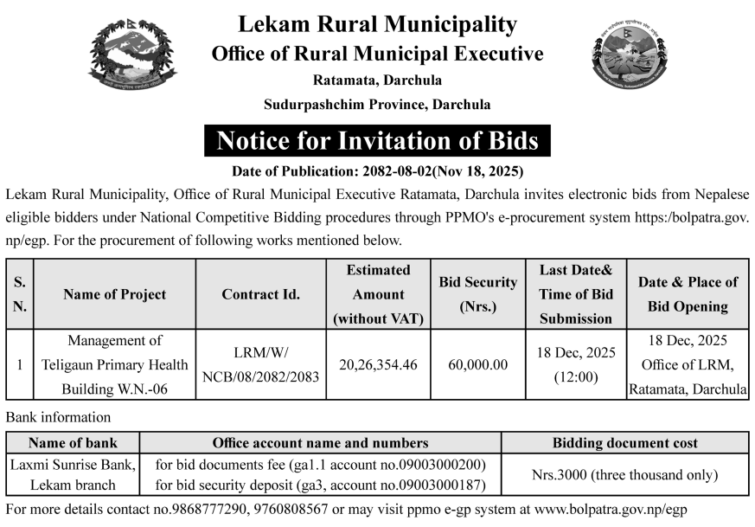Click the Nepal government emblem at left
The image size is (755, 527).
(x=132, y=57)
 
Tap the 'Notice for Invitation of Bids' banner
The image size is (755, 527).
(x=377, y=140)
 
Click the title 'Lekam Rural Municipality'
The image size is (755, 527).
(x=377, y=24)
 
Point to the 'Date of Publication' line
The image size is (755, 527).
(x=377, y=170)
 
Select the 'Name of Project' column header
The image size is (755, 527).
(x=114, y=294)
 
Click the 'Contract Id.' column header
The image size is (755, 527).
(x=261, y=294)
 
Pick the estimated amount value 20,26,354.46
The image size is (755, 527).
(x=378, y=364)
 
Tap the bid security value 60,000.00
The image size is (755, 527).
(x=478, y=364)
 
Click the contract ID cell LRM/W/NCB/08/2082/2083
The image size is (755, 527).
(x=261, y=364)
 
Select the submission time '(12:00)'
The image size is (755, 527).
(x=576, y=377)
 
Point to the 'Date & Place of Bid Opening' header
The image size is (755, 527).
(x=688, y=294)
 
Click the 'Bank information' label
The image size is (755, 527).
(x=58, y=418)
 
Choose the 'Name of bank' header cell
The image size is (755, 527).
(x=73, y=443)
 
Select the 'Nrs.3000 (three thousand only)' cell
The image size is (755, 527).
(x=624, y=475)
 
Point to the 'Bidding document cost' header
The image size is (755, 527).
(x=624, y=443)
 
